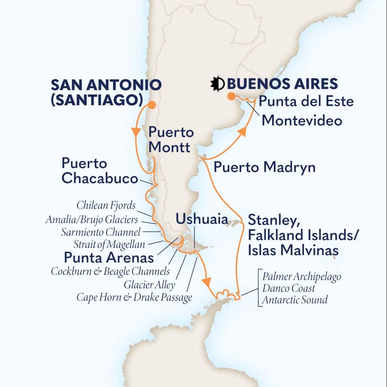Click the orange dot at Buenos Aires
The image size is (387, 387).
pos(230,97)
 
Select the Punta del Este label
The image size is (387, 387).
pos(306,101)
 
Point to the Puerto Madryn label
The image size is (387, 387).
pos(265,167)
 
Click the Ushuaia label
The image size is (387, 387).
pos(201,218)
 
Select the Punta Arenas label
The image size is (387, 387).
pos(109,258)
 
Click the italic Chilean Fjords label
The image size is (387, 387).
pos(105,206)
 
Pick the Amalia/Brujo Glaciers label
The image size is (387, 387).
pos(91,219)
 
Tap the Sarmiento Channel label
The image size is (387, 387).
pos(101,232)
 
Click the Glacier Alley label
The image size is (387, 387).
pos(150,285)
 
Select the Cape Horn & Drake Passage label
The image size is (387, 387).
pos(134,297)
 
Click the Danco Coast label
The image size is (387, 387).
pos(288,289)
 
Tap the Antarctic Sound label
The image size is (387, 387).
pos(295,300)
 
